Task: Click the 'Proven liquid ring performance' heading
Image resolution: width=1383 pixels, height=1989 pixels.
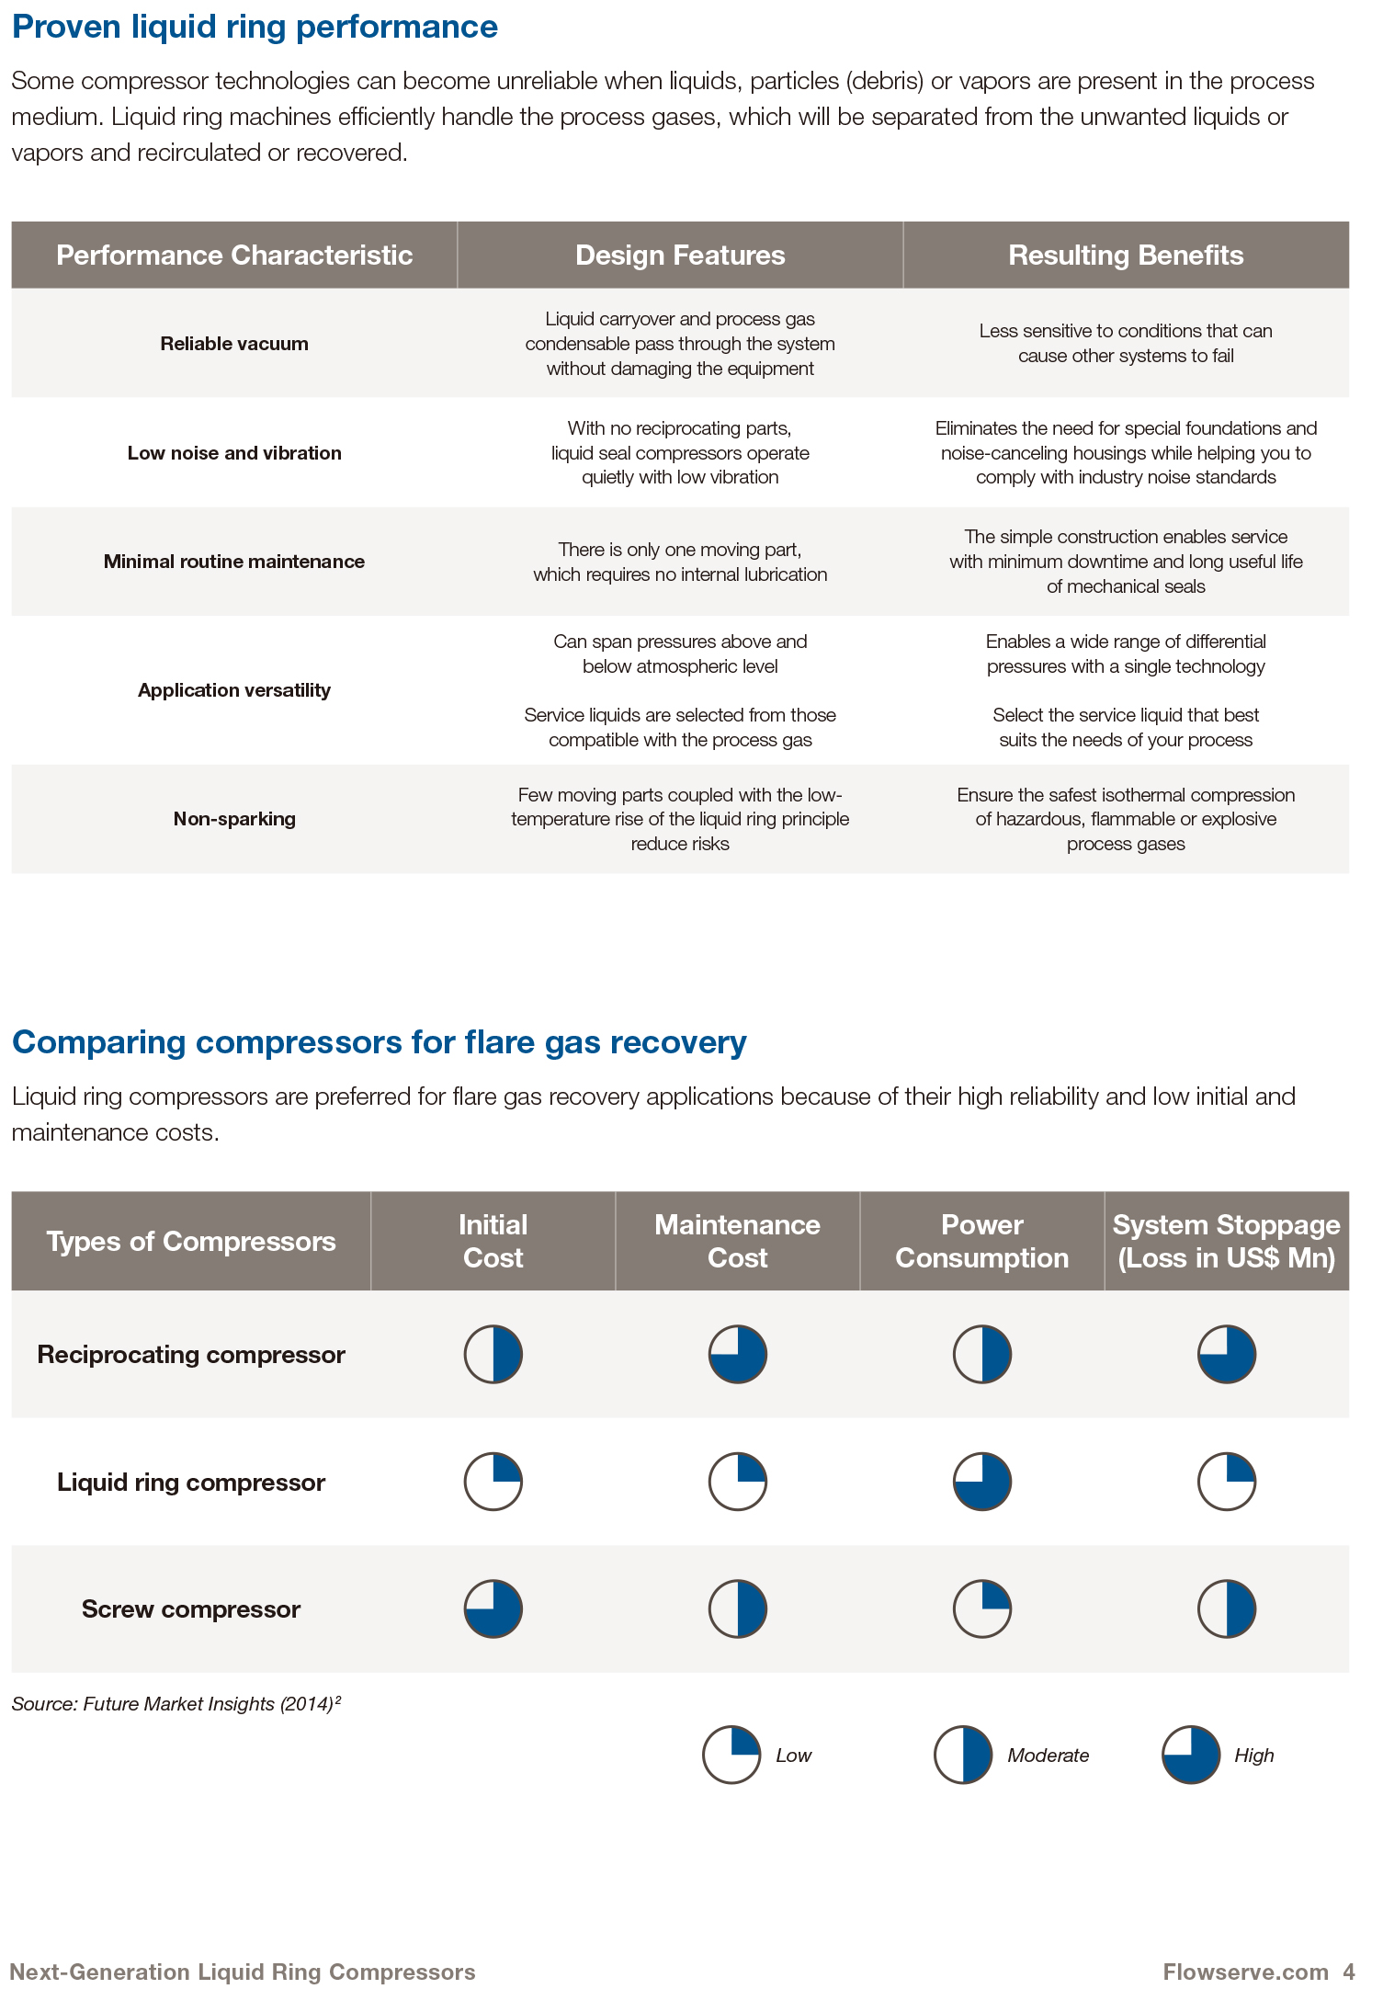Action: (x=255, y=28)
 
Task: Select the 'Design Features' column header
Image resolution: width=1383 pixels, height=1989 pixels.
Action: (x=680, y=256)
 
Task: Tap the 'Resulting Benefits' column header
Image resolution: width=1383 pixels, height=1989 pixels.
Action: (x=1126, y=256)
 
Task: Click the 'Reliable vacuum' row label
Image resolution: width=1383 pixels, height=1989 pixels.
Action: (x=234, y=344)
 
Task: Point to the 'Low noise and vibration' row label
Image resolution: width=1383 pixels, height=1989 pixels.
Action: (x=234, y=453)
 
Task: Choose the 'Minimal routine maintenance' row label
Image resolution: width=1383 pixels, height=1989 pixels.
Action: (x=234, y=562)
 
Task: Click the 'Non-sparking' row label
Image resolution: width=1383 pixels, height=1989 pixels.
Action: (x=234, y=819)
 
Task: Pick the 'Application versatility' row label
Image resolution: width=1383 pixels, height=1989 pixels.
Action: (x=234, y=690)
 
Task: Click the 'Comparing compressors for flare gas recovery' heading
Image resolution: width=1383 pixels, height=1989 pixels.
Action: (x=379, y=1042)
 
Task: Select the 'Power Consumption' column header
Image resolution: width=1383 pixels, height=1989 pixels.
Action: (x=981, y=1242)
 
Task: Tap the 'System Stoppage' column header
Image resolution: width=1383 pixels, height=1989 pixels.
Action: (x=1226, y=1242)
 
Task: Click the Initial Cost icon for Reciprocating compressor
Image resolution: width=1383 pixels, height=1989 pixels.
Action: (x=493, y=1354)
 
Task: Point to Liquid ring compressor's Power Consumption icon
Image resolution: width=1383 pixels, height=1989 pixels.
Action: (x=981, y=1482)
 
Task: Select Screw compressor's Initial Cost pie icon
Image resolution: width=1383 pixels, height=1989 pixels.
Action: (x=493, y=1609)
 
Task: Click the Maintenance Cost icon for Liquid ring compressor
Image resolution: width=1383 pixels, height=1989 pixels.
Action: (x=737, y=1482)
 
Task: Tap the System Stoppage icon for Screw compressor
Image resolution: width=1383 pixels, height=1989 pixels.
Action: (x=1226, y=1609)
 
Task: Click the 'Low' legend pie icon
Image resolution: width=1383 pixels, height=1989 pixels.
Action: (x=731, y=1755)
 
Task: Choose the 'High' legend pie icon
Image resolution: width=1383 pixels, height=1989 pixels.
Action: (x=1191, y=1755)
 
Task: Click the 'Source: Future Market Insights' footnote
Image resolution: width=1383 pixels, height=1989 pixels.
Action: (x=176, y=1704)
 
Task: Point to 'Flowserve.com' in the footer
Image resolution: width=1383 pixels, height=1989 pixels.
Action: (x=1245, y=1972)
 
